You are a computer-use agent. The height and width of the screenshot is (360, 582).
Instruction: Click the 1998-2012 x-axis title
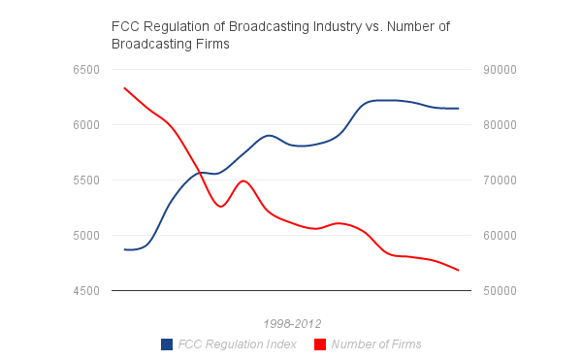click(292, 323)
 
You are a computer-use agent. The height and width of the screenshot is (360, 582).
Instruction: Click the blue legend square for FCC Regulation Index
click(167, 344)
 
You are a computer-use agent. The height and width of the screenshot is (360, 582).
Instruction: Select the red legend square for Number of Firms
click(320, 344)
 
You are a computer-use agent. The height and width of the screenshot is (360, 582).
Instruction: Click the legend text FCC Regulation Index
click(238, 344)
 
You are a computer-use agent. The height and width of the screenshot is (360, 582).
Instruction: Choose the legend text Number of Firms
click(376, 344)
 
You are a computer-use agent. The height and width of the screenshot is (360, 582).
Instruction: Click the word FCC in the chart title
click(126, 26)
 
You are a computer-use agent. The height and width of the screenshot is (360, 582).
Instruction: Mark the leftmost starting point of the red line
click(124, 87)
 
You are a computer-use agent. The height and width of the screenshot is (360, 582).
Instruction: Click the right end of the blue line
click(459, 109)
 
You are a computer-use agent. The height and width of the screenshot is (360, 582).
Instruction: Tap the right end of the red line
click(459, 271)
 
